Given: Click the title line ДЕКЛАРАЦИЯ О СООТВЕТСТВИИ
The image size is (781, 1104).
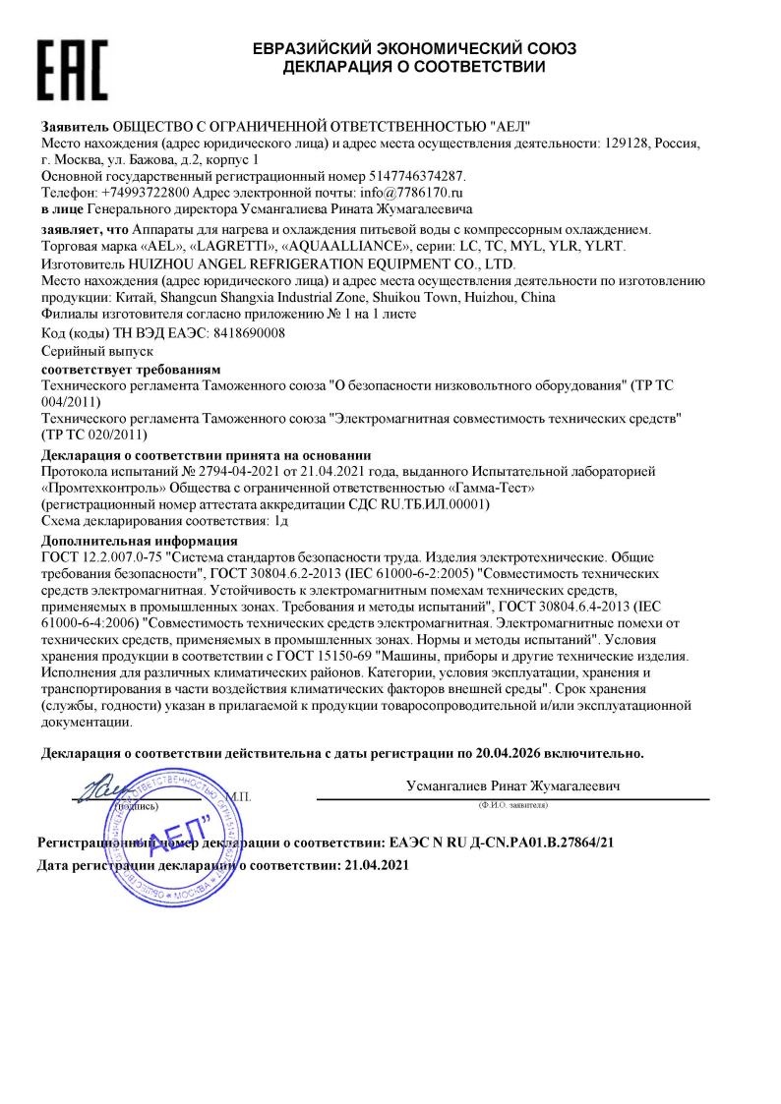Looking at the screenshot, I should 414,67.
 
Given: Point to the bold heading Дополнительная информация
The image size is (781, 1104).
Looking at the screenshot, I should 139,541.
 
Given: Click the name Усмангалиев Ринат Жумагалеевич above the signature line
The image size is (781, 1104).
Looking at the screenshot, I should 512,786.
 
